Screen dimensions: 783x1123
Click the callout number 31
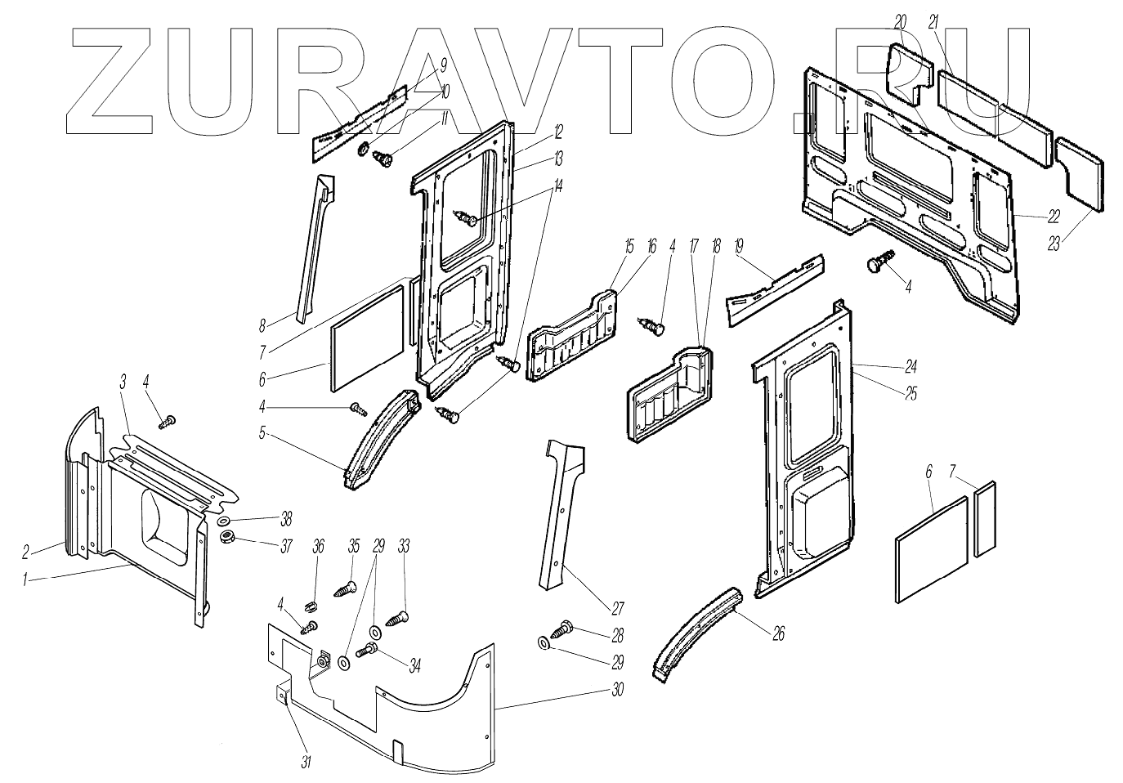coord(306,762)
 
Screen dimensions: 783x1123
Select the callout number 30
coord(617,691)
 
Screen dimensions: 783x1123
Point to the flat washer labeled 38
coord(224,521)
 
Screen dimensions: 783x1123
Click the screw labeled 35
coord(347,587)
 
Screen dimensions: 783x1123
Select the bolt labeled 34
coord(368,651)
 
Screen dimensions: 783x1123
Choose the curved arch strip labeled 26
coord(696,629)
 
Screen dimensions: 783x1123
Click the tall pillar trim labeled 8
coord(315,245)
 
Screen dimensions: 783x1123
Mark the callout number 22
coord(1054,217)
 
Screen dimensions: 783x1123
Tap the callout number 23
coord(1054,243)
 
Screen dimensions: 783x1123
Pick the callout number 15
coord(629,245)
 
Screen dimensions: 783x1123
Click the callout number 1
coord(26,579)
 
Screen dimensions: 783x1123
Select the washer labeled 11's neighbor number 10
coord(445,92)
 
